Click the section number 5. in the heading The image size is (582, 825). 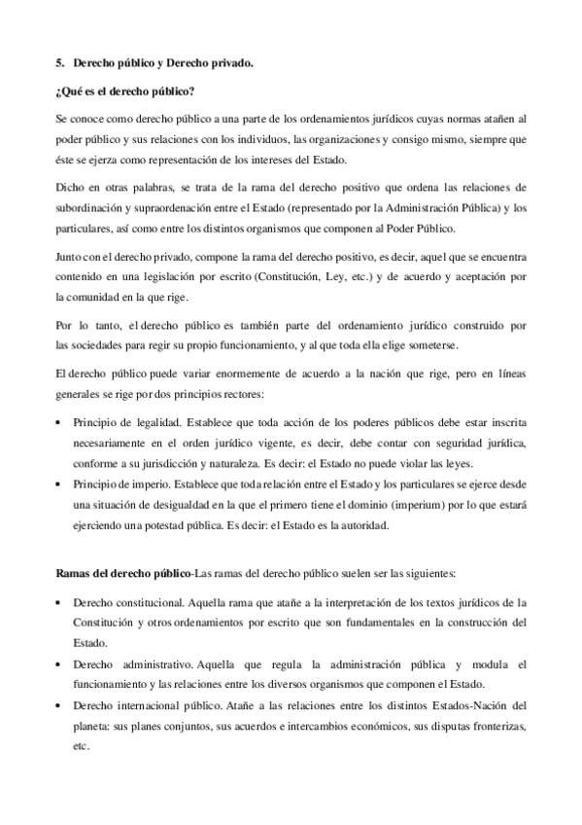coord(59,64)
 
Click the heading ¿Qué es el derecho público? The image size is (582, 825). coord(124,92)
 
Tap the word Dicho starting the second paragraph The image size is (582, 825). coord(69,186)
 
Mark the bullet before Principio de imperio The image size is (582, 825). coord(60,484)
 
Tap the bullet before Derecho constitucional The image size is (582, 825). coord(60,602)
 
